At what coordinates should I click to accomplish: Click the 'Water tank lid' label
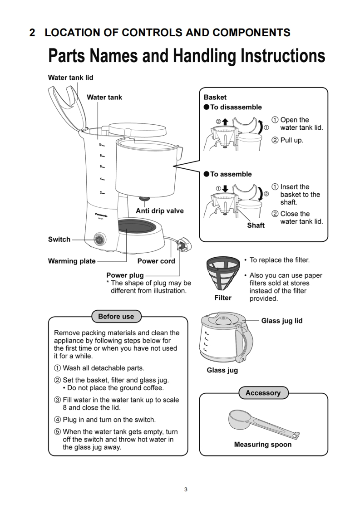coord(70,78)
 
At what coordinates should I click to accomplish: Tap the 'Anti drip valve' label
coord(160,211)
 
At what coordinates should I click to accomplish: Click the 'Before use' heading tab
coord(116,316)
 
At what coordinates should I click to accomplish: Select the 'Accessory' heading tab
coord(263,393)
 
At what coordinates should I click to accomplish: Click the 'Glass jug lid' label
coord(281,321)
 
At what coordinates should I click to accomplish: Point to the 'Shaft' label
coord(256,225)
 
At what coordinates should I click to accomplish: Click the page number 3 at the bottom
coord(185,489)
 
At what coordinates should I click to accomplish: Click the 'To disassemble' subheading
coord(236,107)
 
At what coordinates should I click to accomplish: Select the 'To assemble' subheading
coord(231,174)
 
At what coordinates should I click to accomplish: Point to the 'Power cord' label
coord(156,261)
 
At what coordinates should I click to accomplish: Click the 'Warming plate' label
coord(72,261)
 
